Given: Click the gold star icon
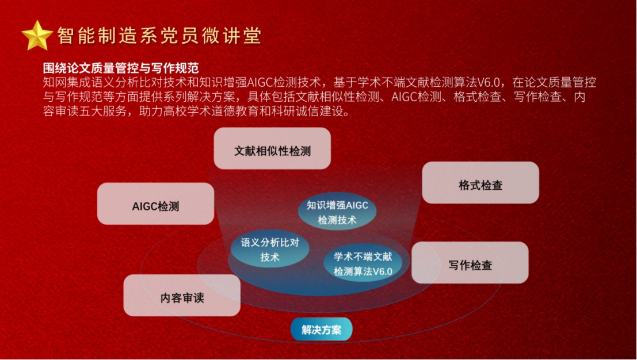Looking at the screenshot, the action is (37, 36).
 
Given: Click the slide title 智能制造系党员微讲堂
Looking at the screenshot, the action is (159, 36).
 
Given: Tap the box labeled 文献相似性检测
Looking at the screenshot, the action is (272, 148).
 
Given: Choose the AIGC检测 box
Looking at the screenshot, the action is (155, 204).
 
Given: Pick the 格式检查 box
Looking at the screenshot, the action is (480, 183).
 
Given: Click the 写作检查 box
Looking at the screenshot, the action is (470, 263).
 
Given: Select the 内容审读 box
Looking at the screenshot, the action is (182, 296).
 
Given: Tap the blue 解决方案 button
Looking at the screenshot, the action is (321, 329).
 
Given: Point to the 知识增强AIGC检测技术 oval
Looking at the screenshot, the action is (337, 212).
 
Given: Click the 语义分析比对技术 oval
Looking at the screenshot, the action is (270, 249).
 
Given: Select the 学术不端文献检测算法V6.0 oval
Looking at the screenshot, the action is (363, 263).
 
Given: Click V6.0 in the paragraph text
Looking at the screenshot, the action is (488, 82).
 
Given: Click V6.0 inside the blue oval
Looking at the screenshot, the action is (382, 271).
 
